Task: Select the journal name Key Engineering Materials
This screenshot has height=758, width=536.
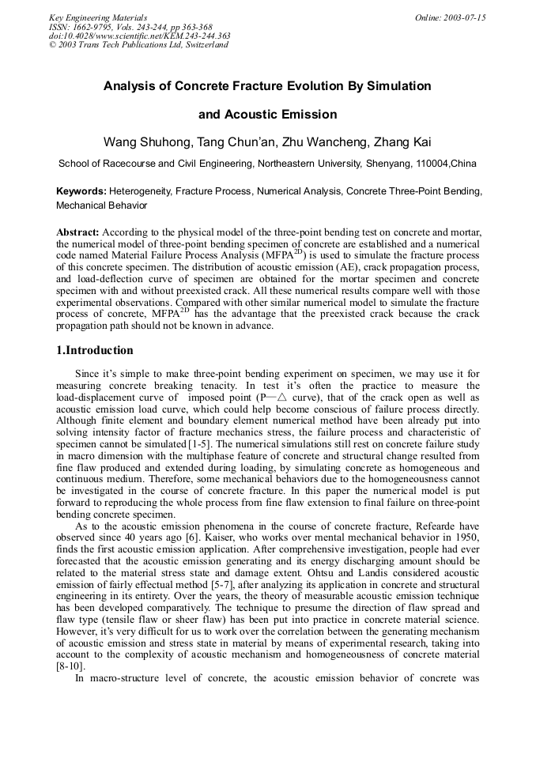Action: (98, 17)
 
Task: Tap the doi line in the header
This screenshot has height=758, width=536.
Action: (140, 36)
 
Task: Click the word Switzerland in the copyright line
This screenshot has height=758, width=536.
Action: (205, 45)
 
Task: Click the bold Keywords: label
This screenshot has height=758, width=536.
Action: (81, 191)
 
